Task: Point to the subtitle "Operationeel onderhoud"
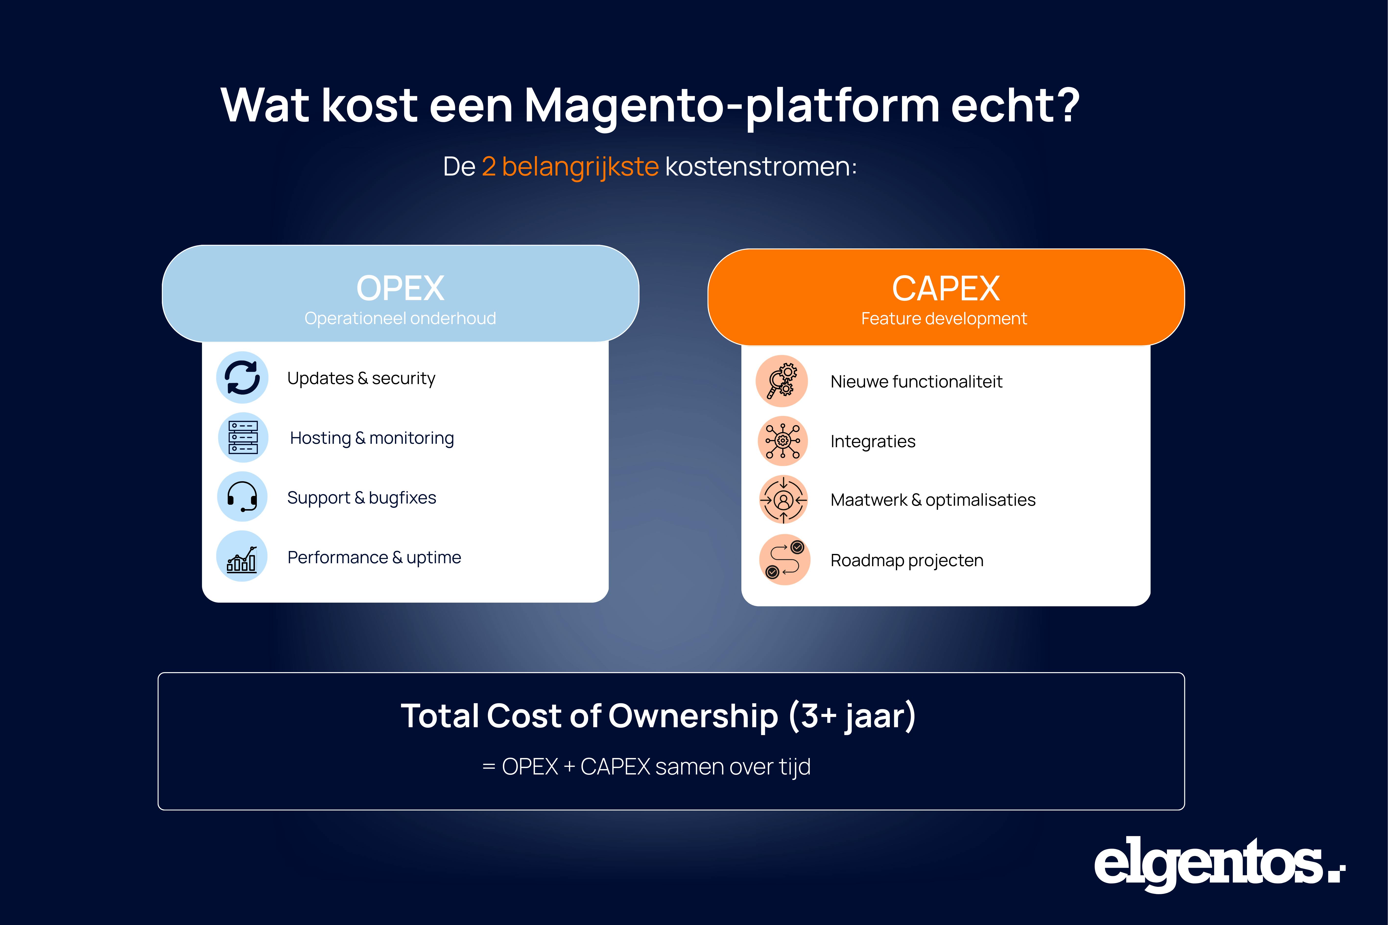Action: pyautogui.click(x=400, y=318)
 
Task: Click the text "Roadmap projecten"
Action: pyautogui.click(x=906, y=561)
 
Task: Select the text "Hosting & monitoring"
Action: pyautogui.click(x=372, y=438)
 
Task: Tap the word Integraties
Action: pyautogui.click(x=873, y=441)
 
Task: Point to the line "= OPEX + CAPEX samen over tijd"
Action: pyautogui.click(x=646, y=767)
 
